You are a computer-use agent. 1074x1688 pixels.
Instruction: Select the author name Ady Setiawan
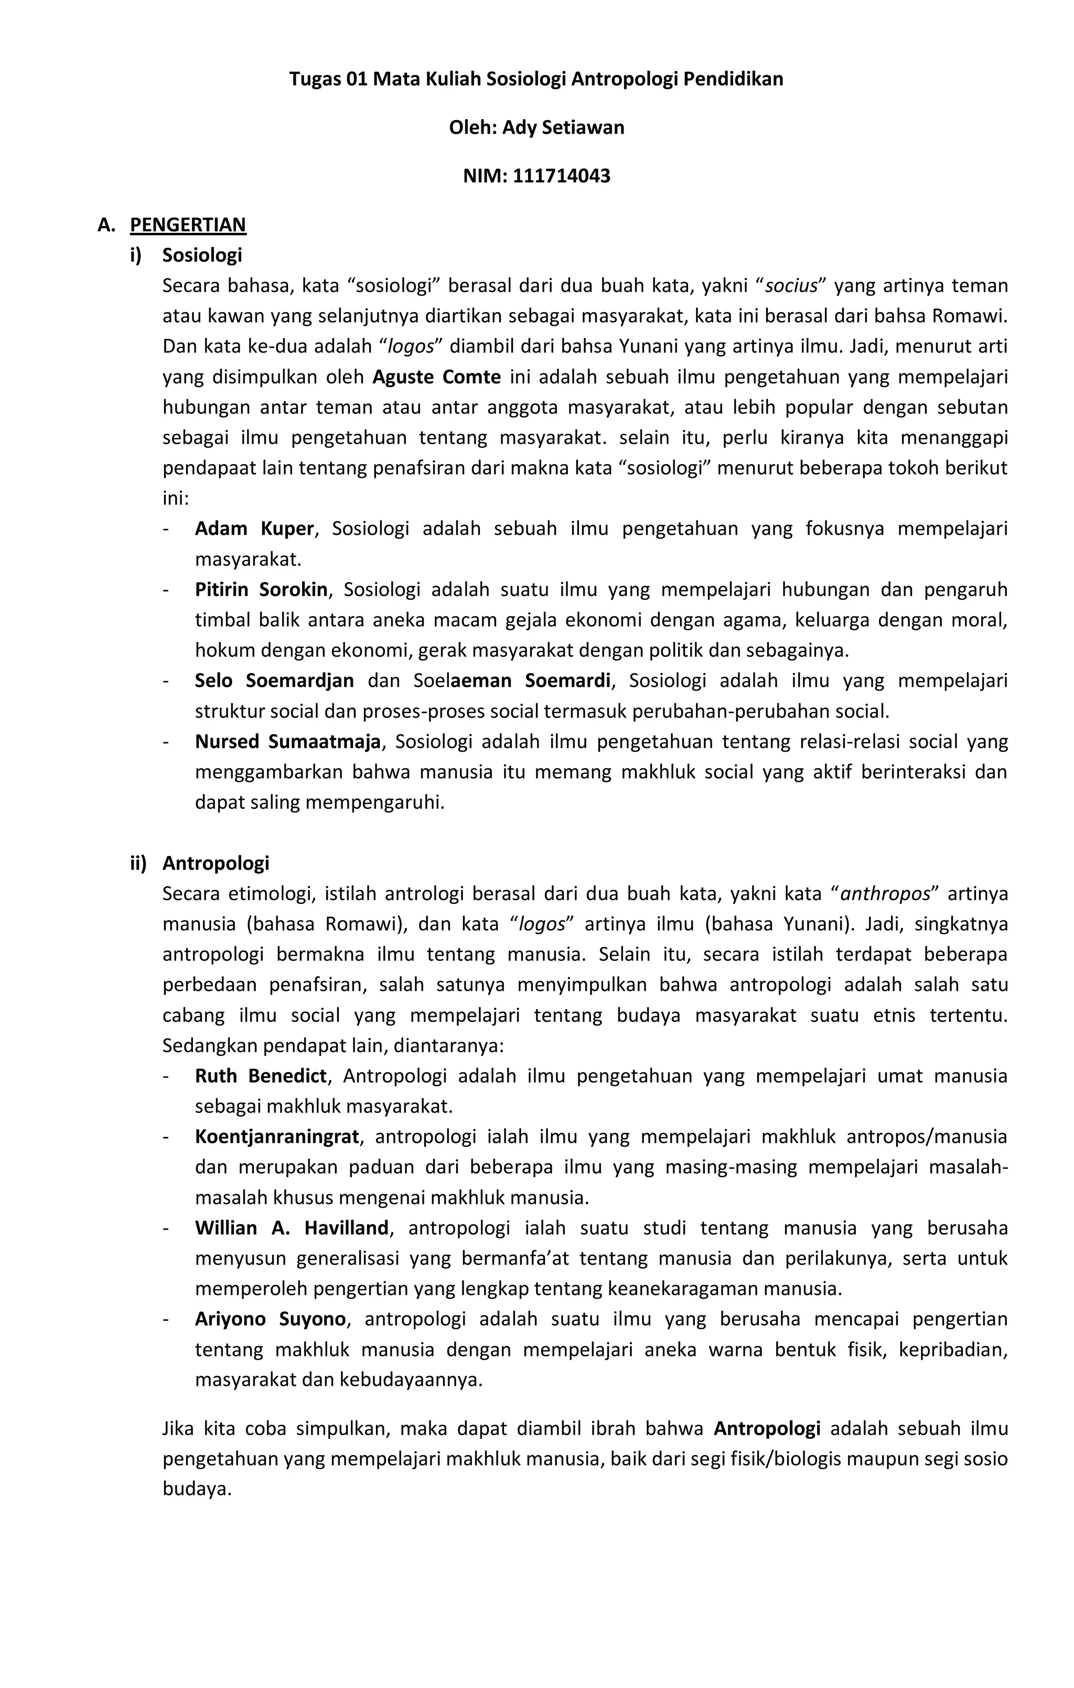[x=563, y=127]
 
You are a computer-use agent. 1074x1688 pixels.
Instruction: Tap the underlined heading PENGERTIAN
[x=188, y=225]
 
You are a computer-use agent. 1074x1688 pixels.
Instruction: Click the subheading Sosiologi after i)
[x=202, y=255]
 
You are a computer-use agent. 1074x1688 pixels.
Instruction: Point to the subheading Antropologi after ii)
[x=216, y=863]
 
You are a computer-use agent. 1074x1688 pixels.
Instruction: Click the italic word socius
[x=791, y=286]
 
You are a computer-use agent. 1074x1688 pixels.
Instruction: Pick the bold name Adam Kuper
[x=254, y=529]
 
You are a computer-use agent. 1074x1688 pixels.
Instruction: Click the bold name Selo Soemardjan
[x=274, y=681]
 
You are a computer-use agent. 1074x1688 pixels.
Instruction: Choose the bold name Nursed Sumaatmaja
[x=287, y=742]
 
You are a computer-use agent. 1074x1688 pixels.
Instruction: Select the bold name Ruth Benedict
[x=261, y=1076]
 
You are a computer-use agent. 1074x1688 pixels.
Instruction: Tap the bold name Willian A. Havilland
[x=292, y=1228]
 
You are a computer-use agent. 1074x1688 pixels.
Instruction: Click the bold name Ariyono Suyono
[x=270, y=1319]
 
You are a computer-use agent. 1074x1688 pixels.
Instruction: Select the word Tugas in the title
[x=315, y=79]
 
